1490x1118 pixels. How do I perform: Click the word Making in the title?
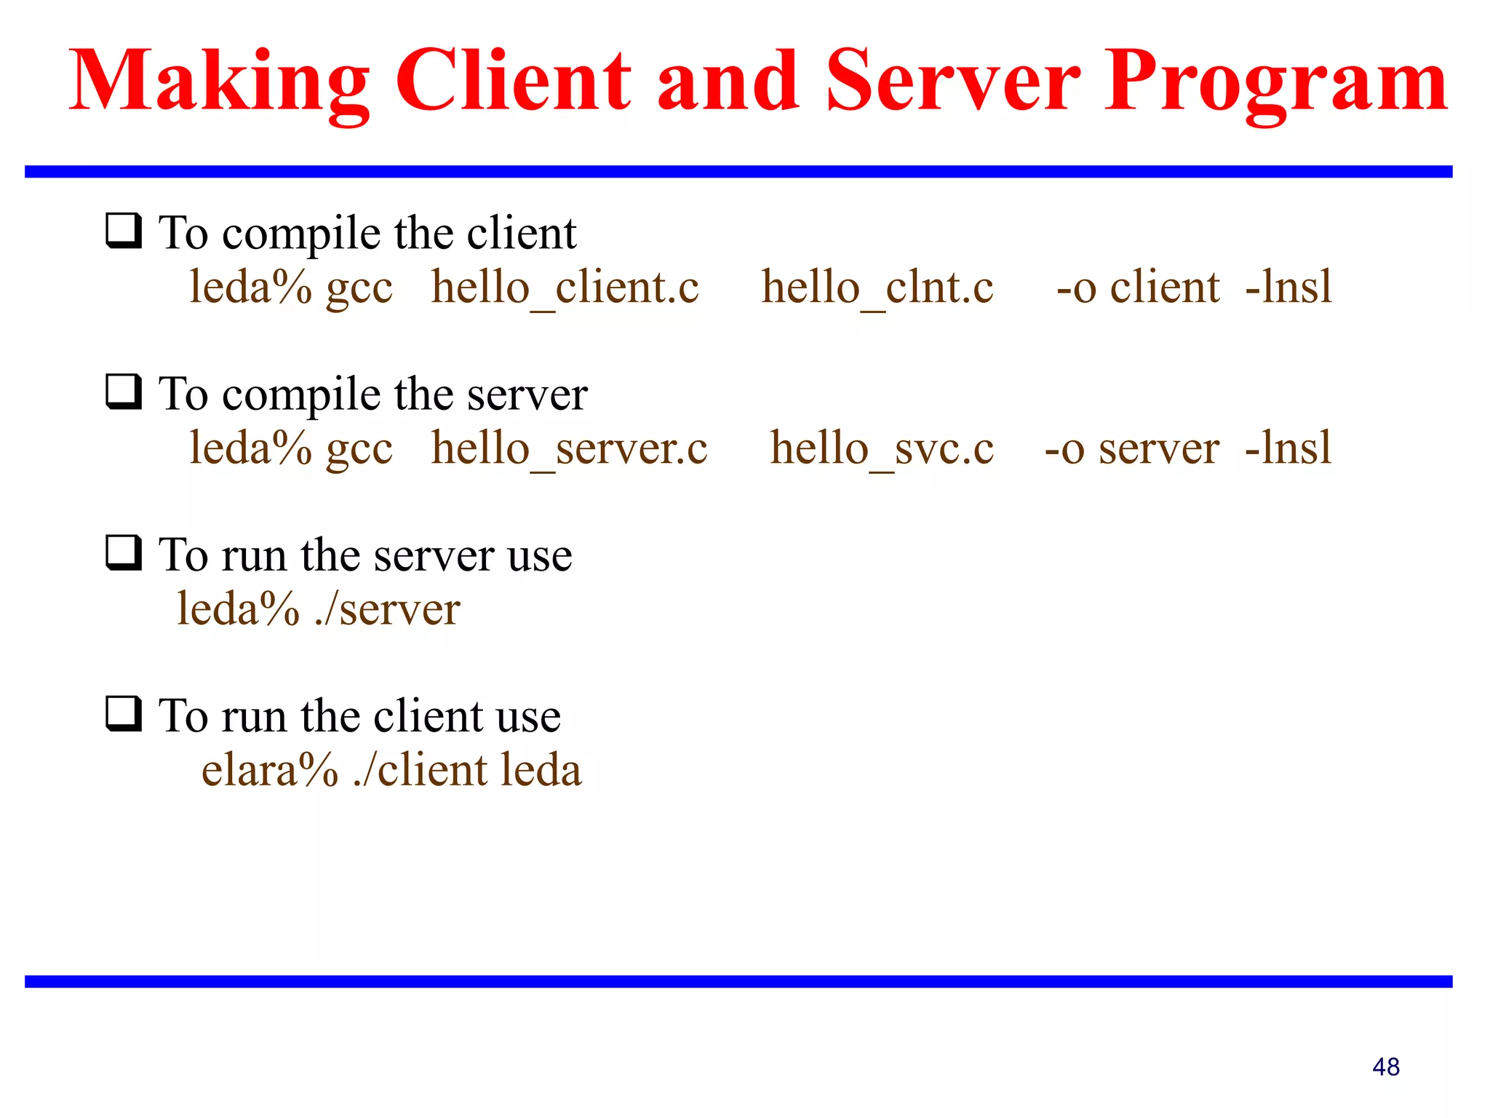click(x=219, y=82)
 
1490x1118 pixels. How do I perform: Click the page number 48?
click(x=1385, y=1067)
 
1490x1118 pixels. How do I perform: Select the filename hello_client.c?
click(x=565, y=288)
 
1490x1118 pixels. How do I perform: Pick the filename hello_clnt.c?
click(x=877, y=288)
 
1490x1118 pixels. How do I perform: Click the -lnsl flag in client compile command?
click(x=1288, y=287)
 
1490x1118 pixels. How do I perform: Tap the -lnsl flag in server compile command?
click(x=1288, y=448)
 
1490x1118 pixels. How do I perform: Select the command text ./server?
click(x=388, y=610)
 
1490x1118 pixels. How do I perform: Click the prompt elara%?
click(x=270, y=771)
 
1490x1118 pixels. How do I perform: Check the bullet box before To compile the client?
click(x=124, y=231)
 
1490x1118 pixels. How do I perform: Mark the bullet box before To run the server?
click(x=124, y=552)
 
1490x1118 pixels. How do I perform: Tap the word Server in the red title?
click(x=953, y=82)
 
